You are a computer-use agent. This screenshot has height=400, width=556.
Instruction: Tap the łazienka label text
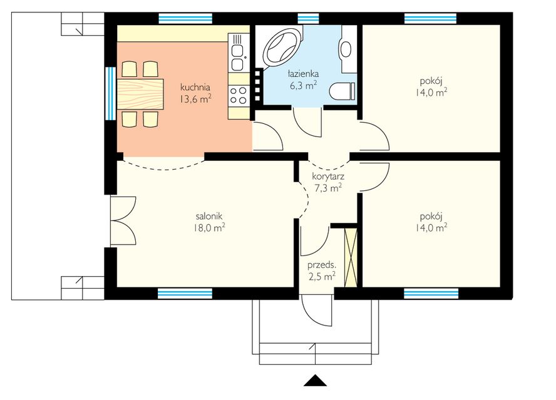(x=303, y=74)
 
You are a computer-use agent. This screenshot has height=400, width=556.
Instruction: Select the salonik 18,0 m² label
(x=209, y=222)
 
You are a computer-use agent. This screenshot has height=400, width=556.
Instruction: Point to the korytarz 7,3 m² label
(x=328, y=182)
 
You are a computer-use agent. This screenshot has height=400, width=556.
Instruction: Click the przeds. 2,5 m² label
(x=322, y=270)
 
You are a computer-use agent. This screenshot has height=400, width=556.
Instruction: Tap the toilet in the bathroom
(x=342, y=91)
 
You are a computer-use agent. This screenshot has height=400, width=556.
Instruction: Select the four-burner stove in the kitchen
(x=238, y=95)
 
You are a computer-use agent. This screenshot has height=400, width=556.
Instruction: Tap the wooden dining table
(x=140, y=94)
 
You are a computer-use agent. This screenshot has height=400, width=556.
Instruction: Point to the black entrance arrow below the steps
(x=315, y=380)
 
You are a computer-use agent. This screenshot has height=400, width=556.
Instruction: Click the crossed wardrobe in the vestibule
(x=351, y=258)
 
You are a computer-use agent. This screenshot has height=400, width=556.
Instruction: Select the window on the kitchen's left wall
(x=111, y=94)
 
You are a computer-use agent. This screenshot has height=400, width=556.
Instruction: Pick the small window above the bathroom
(x=308, y=18)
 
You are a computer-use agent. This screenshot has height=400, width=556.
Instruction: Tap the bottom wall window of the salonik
(x=185, y=293)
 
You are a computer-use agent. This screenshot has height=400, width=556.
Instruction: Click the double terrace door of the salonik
(x=123, y=220)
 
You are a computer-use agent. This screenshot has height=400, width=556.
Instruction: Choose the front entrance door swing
(x=317, y=310)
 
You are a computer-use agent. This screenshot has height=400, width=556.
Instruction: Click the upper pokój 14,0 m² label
(x=431, y=87)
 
